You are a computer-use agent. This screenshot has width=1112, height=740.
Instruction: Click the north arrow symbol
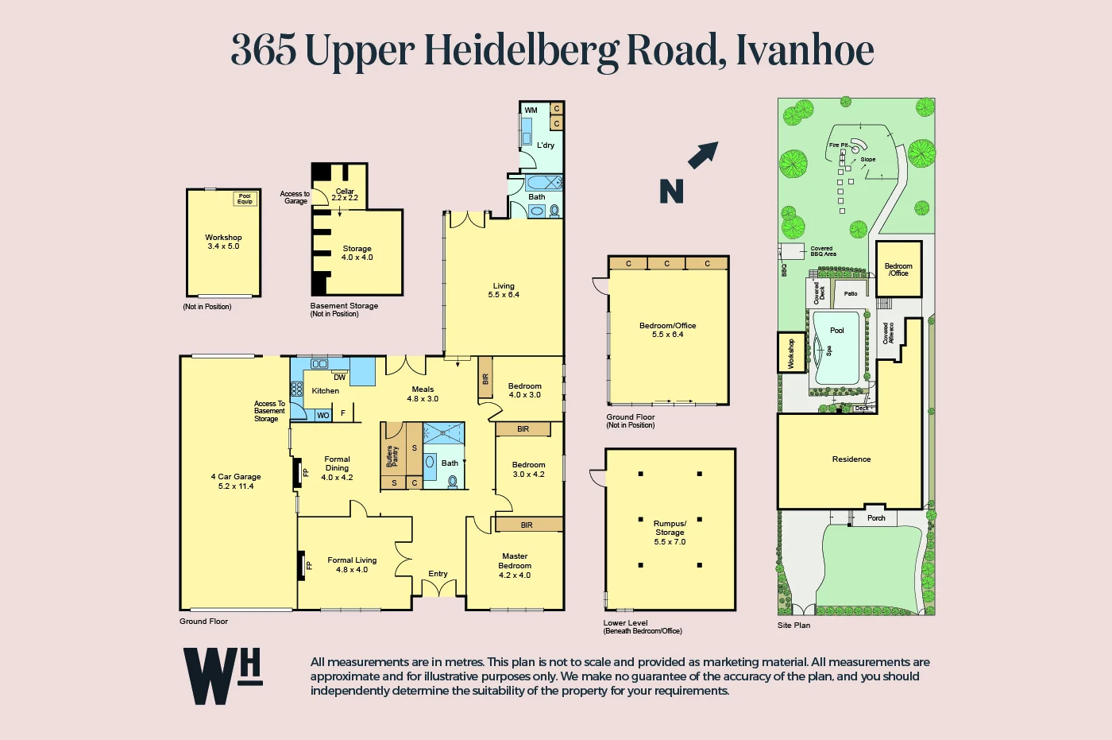click(703, 154)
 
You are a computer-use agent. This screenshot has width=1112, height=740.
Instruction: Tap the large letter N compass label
click(671, 192)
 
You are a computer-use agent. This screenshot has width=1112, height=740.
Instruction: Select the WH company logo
click(222, 676)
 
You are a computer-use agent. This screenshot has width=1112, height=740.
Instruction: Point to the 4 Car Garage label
click(236, 481)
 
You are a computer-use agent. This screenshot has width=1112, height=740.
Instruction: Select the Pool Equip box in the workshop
click(245, 199)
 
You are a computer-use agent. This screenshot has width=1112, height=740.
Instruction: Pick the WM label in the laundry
click(531, 110)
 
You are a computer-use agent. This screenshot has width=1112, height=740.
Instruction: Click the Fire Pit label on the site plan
click(838, 145)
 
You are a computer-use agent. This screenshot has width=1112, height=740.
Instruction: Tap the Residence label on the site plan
click(851, 459)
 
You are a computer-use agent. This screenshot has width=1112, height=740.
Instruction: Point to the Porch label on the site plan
click(876, 518)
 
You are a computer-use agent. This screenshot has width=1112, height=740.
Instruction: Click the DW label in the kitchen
click(340, 378)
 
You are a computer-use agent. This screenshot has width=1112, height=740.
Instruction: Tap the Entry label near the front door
click(438, 574)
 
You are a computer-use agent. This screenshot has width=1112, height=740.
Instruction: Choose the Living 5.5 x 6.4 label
click(504, 290)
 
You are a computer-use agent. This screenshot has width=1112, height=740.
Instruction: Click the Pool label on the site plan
click(837, 331)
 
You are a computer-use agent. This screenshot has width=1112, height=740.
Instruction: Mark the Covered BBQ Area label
click(822, 251)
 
